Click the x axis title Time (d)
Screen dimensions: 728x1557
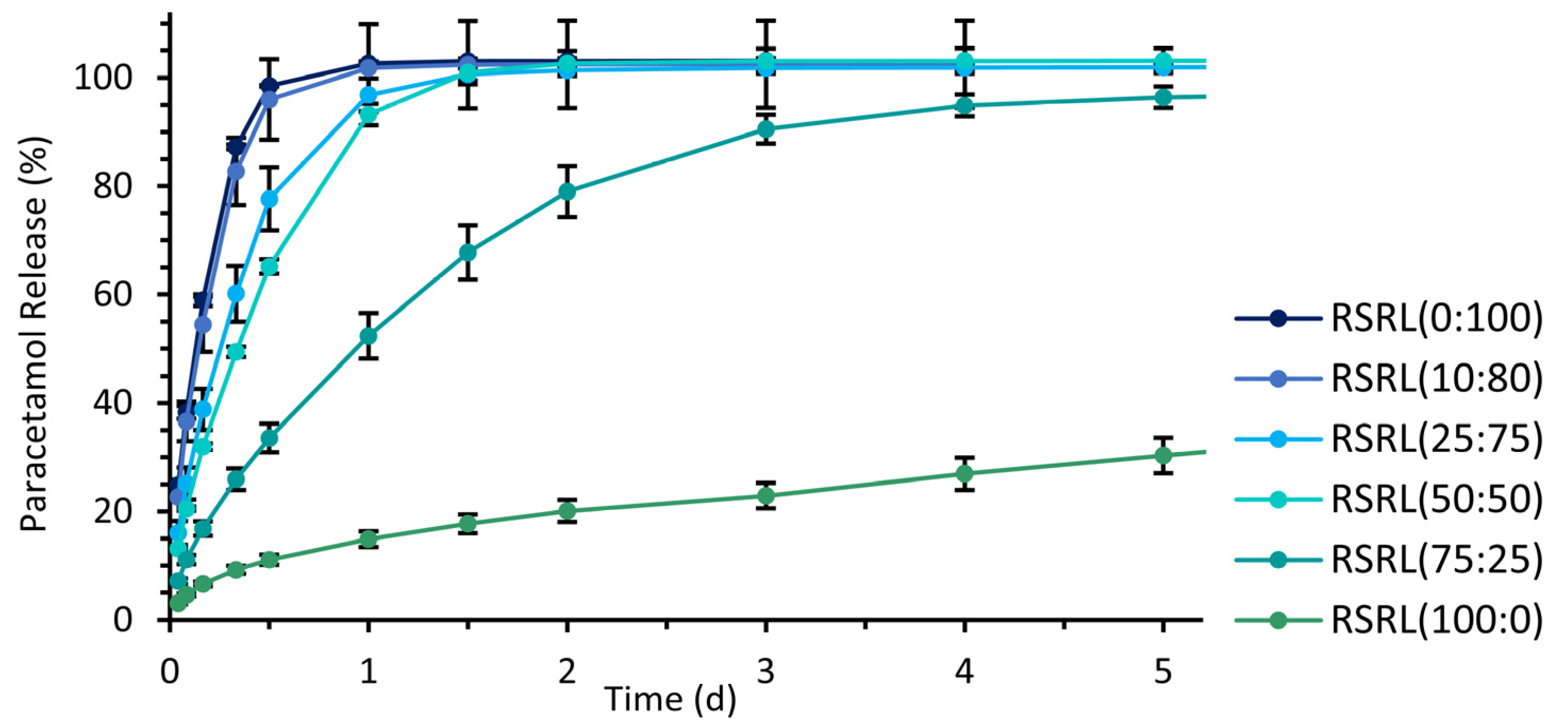[x=670, y=700]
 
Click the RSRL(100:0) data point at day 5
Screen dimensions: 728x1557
[x=1163, y=455]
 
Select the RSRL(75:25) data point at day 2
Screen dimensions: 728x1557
[x=567, y=191]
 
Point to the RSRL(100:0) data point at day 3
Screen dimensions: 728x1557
[x=766, y=496]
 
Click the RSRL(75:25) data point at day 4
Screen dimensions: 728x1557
[x=965, y=106]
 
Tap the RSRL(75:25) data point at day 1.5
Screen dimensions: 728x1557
[x=468, y=252]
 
